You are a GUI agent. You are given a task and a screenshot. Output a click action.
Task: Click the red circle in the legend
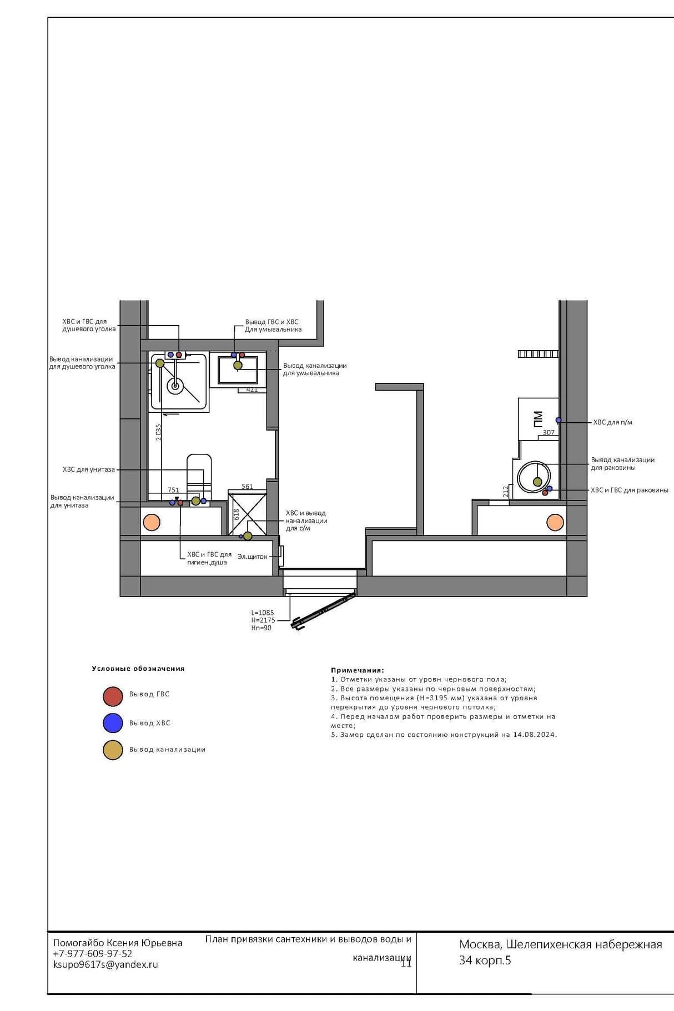click(x=113, y=696)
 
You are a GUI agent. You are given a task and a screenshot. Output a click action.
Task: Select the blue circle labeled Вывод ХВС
click(x=113, y=723)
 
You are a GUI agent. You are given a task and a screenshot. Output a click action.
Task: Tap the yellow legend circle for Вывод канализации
click(x=113, y=750)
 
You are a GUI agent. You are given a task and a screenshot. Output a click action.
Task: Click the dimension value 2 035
click(x=158, y=432)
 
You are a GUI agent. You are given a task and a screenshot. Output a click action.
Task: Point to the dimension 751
click(x=173, y=490)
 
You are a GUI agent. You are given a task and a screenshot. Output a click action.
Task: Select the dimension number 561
click(x=247, y=487)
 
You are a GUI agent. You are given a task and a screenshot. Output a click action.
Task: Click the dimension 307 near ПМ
click(x=549, y=432)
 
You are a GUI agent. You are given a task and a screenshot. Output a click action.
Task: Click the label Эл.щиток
click(x=253, y=557)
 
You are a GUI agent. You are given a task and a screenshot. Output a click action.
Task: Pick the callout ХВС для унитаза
click(x=89, y=469)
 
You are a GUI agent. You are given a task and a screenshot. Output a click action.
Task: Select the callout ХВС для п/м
click(x=613, y=422)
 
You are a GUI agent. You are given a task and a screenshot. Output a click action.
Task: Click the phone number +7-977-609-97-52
click(x=93, y=953)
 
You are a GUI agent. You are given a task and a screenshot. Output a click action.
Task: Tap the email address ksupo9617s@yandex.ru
click(x=105, y=964)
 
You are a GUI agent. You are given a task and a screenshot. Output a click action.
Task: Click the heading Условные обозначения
click(x=138, y=669)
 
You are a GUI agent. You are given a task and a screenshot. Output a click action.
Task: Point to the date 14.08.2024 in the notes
click(x=534, y=735)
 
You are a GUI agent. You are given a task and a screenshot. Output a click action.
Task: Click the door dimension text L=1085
click(x=263, y=613)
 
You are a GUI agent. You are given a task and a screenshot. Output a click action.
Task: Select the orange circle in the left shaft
click(x=152, y=522)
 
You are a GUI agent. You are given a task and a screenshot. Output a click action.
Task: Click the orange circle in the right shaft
click(x=555, y=522)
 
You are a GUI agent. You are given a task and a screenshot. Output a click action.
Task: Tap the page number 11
click(x=406, y=963)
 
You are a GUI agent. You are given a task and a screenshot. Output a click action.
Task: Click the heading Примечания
click(x=358, y=670)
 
